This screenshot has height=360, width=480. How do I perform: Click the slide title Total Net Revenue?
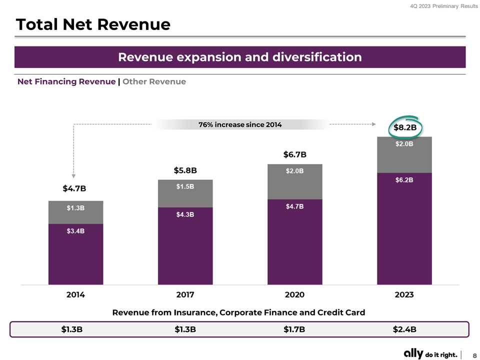click(93, 24)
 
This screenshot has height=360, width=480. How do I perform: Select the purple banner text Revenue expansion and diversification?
click(240, 57)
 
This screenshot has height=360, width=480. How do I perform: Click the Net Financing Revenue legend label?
click(66, 81)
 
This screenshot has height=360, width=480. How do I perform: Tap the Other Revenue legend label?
click(154, 81)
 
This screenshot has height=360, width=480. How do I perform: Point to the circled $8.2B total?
click(405, 127)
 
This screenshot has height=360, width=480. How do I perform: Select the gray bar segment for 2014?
click(75, 212)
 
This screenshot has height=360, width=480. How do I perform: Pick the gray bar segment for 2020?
click(295, 181)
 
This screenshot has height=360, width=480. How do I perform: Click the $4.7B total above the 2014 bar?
click(74, 188)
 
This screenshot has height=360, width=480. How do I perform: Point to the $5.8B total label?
click(185, 170)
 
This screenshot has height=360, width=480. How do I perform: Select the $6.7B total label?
click(294, 154)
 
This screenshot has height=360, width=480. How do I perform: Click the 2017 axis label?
click(185, 295)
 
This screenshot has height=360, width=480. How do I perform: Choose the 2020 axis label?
click(294, 295)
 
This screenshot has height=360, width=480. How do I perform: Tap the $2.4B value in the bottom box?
click(404, 329)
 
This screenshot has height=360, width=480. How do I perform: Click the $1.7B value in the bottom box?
click(294, 329)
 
